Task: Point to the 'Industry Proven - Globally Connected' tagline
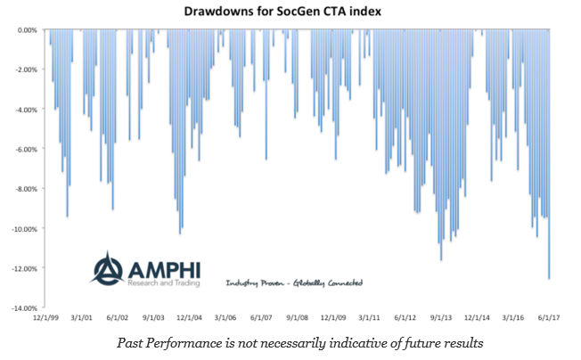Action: click(293, 282)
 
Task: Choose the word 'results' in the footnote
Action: click(461, 342)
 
